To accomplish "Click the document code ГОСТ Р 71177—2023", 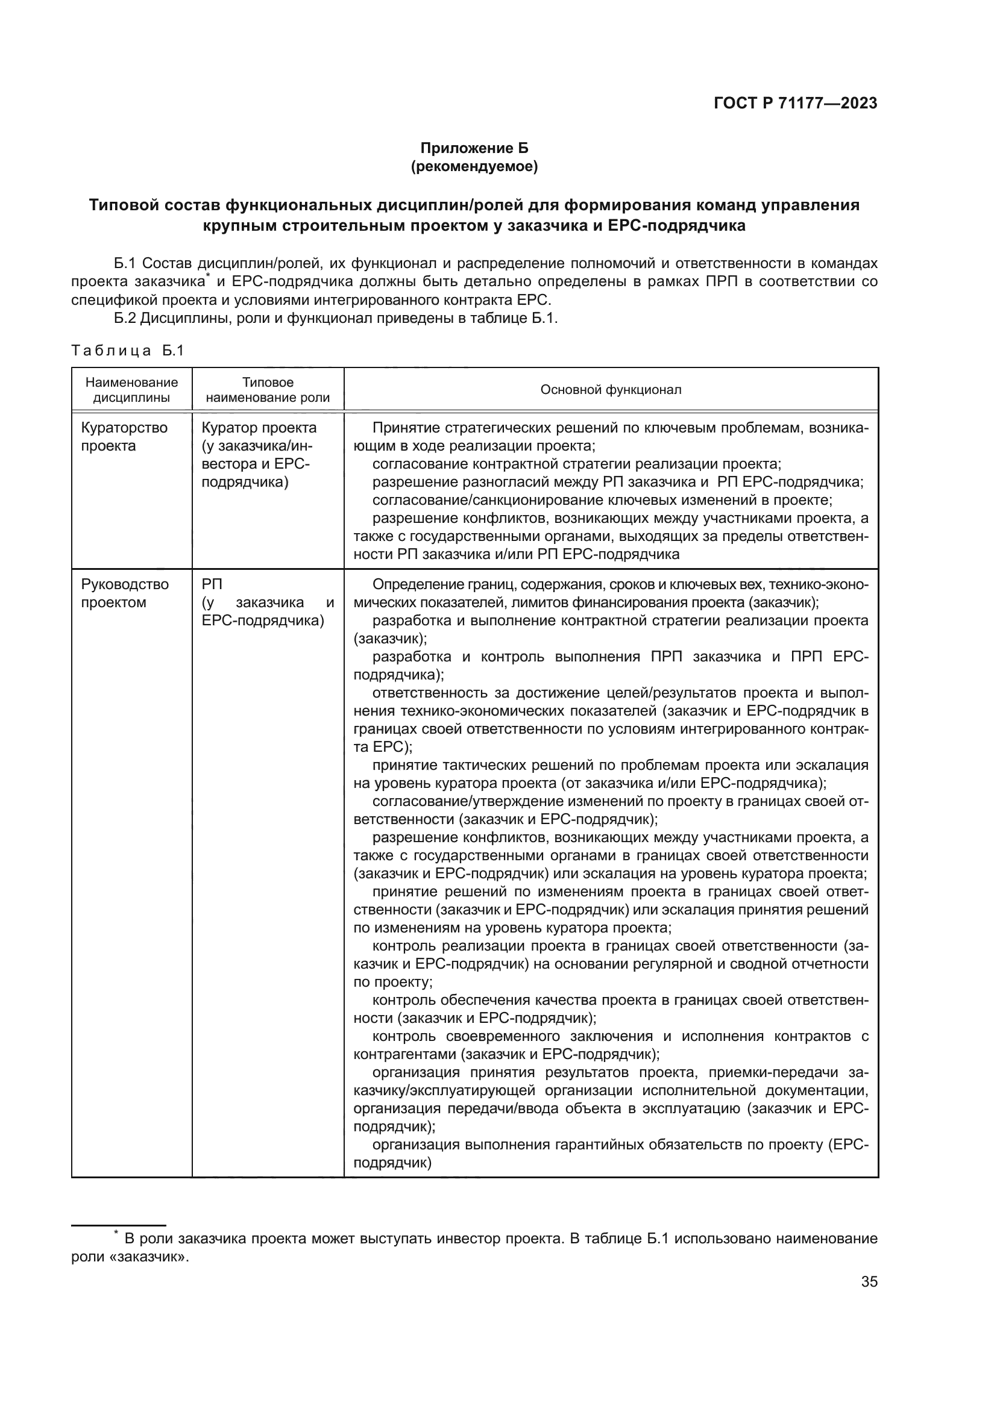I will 795,103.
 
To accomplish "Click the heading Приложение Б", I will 474,148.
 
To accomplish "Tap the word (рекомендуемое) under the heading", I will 474,166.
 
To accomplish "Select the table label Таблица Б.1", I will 128,351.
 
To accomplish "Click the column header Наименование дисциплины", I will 131,390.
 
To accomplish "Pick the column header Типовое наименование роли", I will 268,390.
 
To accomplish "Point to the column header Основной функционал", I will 610,390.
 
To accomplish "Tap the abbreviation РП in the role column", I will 212,584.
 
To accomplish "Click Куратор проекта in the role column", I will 259,428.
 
